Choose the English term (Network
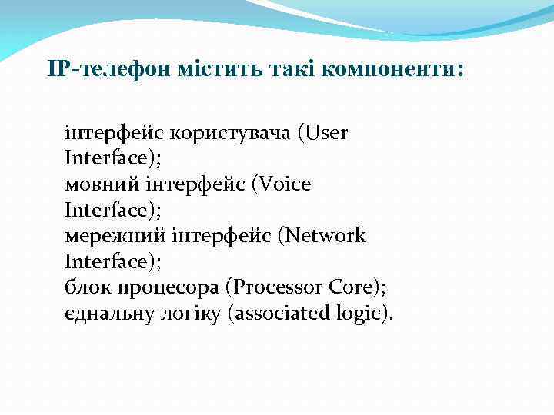click(x=322, y=236)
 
